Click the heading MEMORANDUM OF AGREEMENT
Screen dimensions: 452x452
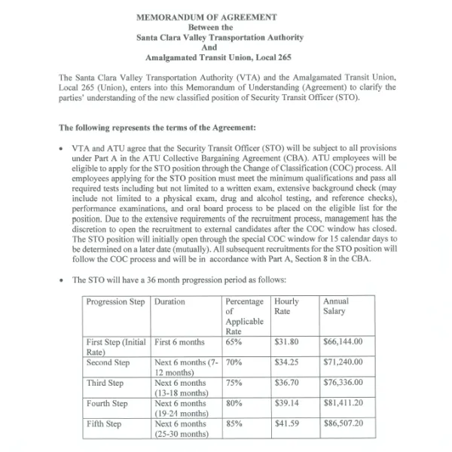point(206,17)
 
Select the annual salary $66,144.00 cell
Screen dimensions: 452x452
point(343,341)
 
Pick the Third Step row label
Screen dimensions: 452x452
point(105,383)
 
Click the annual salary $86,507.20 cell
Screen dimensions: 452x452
point(343,423)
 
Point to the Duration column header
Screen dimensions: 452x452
point(169,301)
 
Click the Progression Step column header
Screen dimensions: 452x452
point(116,301)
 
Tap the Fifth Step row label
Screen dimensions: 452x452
point(104,423)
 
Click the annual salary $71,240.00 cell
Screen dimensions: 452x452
point(343,362)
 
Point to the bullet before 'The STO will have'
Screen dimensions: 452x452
point(60,280)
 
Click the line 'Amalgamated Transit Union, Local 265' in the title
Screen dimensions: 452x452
point(206,56)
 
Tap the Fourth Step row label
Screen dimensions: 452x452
point(106,403)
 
